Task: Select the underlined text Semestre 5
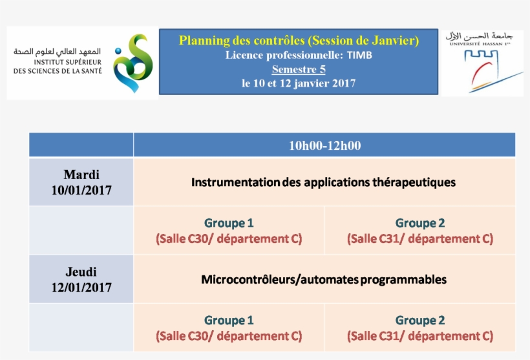click(x=299, y=69)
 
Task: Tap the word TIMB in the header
click(x=359, y=55)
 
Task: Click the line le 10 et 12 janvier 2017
click(x=299, y=83)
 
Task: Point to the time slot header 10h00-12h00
click(x=325, y=145)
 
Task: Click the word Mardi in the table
click(x=81, y=175)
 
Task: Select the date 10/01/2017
click(x=81, y=190)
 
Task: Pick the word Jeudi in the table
click(x=81, y=271)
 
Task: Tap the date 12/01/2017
click(x=81, y=288)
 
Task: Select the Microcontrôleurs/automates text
click(x=279, y=280)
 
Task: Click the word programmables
click(x=403, y=280)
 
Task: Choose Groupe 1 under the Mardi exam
click(x=229, y=223)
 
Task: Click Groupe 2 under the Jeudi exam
click(x=420, y=321)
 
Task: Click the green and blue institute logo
click(x=133, y=63)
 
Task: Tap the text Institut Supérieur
click(x=68, y=62)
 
